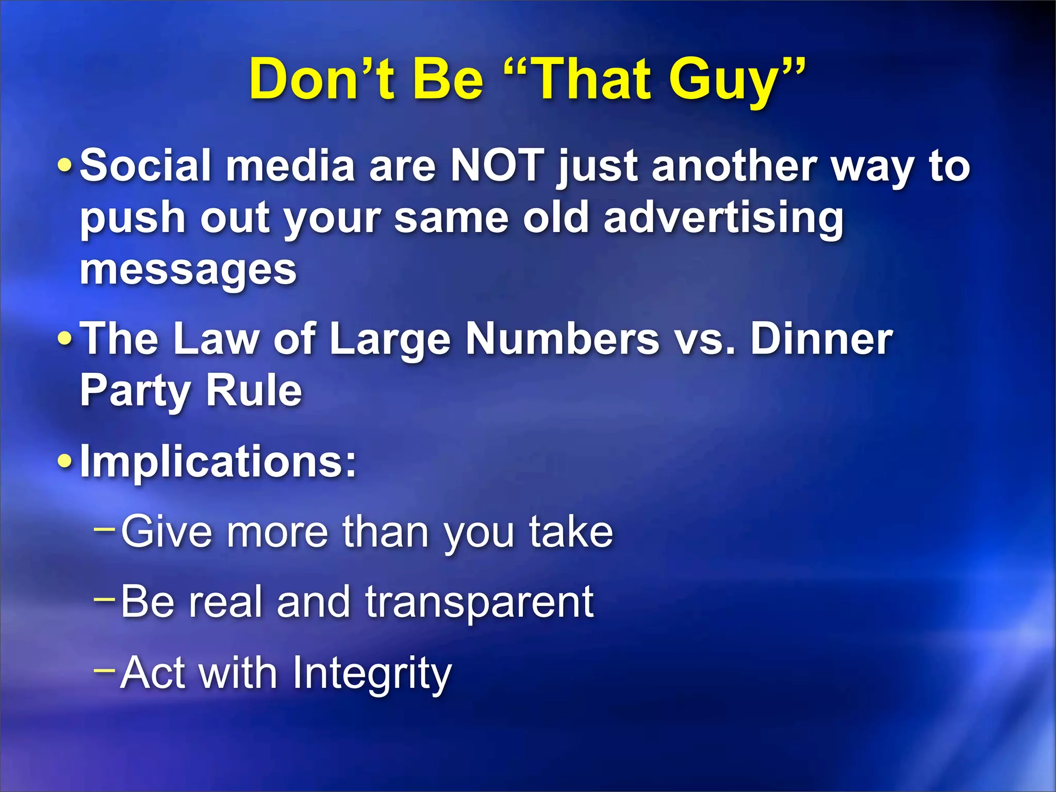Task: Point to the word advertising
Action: click(x=723, y=219)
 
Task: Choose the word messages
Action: click(x=188, y=270)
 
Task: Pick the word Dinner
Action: click(x=821, y=339)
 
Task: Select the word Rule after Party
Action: click(x=254, y=391)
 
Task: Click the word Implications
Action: click(x=218, y=461)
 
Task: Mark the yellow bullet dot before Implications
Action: click(x=65, y=461)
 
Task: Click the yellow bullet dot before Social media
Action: click(x=65, y=166)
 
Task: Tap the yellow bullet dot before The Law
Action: click(x=65, y=339)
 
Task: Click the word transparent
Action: click(x=480, y=602)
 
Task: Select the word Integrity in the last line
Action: click(x=372, y=673)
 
